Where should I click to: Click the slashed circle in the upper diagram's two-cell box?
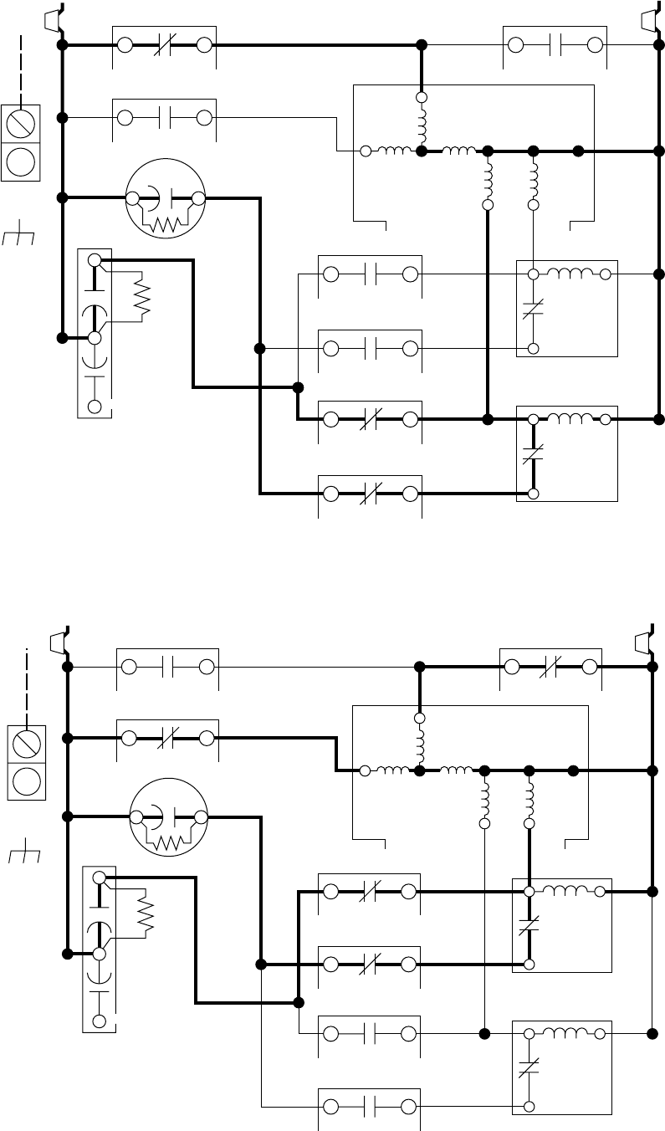[21, 124]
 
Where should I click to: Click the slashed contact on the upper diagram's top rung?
[164, 45]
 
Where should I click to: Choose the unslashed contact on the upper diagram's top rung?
[555, 45]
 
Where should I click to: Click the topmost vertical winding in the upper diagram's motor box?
[422, 125]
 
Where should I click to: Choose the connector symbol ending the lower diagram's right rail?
[645, 641]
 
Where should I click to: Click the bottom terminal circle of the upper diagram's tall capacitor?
[95, 406]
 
